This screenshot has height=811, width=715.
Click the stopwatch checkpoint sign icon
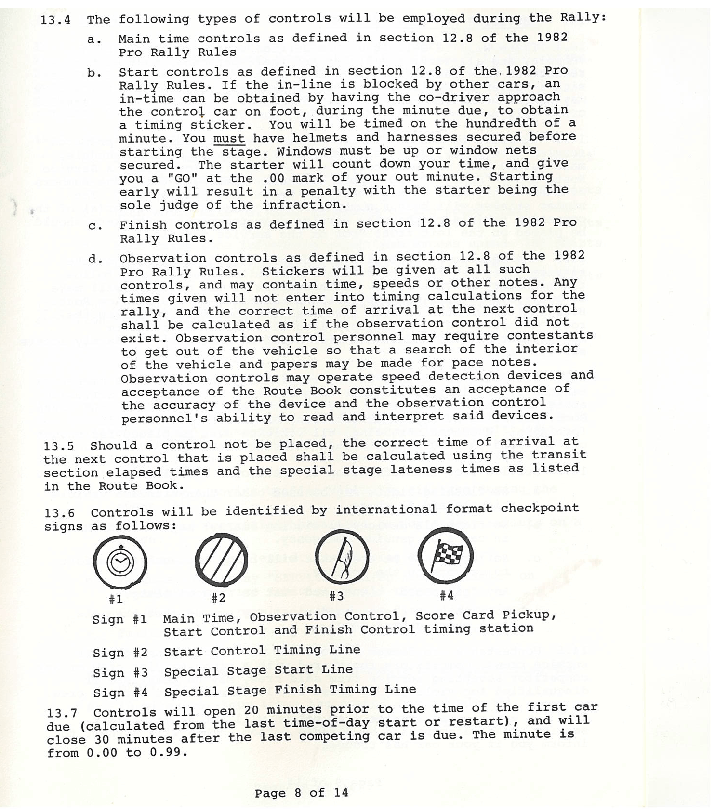(120, 562)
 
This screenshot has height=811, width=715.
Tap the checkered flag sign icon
(446, 555)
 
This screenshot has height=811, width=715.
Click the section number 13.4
(55, 20)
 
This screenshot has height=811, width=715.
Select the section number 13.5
(59, 446)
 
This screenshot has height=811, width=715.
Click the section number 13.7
(62, 713)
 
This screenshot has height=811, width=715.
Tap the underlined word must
(229, 139)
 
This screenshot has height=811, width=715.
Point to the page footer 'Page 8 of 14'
(301, 793)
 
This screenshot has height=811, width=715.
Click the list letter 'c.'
(95, 226)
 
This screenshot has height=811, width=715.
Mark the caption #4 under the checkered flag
(447, 595)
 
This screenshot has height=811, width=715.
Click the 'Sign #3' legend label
(120, 672)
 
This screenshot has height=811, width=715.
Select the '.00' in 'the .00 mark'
(273, 178)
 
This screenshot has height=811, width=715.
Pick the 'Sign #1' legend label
(119, 619)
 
